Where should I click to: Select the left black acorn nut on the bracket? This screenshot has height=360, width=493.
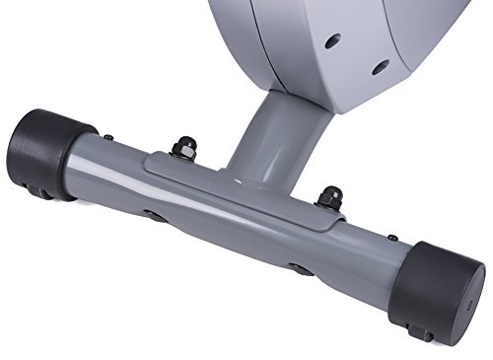(182, 148)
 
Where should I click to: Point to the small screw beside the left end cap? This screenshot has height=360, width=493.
(108, 137)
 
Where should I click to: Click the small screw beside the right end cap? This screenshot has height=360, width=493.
(391, 238)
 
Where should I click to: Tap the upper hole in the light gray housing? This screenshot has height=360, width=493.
(332, 41)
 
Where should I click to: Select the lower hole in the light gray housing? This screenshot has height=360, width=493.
(380, 68)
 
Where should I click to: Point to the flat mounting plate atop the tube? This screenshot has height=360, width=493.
(246, 187)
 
